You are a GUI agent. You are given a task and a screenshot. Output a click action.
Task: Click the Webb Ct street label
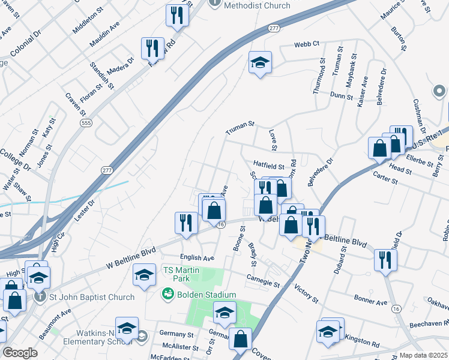[306, 45]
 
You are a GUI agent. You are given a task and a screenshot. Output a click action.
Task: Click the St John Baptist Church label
[92, 296]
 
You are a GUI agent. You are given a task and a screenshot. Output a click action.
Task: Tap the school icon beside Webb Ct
[260, 62]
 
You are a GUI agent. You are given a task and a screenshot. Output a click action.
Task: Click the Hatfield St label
[268, 163]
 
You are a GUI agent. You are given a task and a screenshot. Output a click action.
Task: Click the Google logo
[20, 353]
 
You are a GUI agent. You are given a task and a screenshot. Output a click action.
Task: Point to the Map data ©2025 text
[423, 355]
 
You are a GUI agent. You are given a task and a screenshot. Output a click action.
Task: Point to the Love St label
[273, 139]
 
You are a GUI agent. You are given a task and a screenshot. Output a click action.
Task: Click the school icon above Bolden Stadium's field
[225, 313]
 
